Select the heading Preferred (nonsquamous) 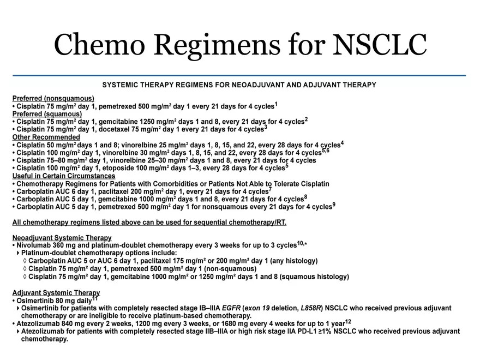coord(53,98)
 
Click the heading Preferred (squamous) coord(47,114)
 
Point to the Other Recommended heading coord(46,137)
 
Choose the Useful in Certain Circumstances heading coord(64,176)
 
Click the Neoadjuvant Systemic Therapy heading coord(62,238)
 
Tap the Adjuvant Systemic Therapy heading coord(56,293)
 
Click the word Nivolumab coord(34,245)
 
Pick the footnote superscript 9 coord(334,205)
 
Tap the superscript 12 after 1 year coord(348,322)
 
